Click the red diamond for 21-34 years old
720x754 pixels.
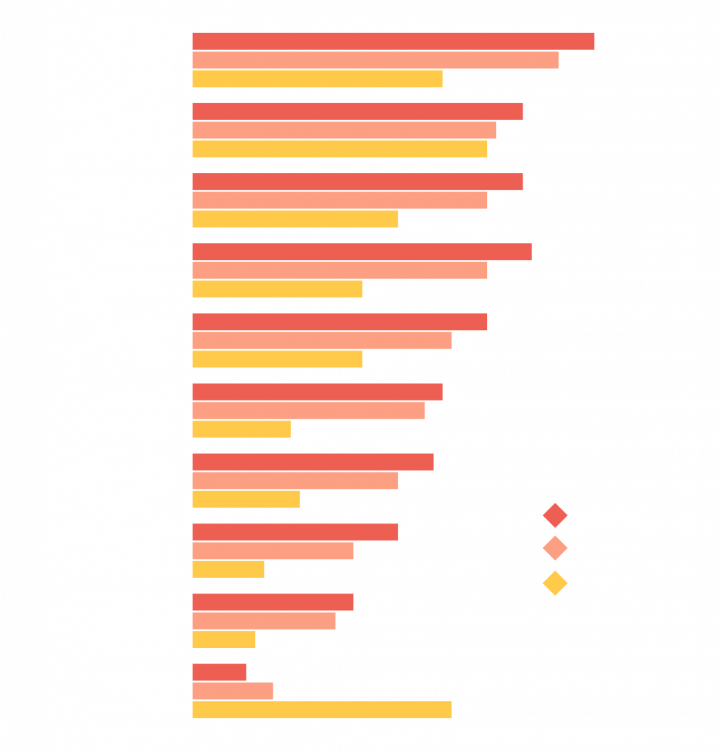554,515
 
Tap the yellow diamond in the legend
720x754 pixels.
554,584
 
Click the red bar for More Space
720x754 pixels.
393,41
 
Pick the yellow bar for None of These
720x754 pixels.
322,710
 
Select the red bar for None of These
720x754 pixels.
220,672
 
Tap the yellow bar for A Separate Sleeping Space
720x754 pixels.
224,639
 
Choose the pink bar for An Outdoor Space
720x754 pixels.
322,341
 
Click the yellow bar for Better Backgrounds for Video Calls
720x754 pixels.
228,569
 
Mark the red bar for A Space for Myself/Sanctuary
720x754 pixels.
362,252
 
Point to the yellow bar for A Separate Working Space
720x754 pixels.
242,429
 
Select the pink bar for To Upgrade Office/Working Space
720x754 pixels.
296,481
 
